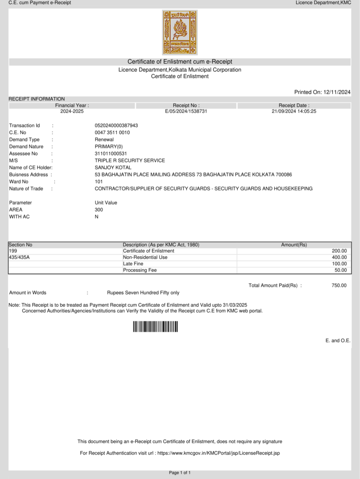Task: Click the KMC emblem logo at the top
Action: (x=180, y=32)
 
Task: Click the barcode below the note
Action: (x=155, y=327)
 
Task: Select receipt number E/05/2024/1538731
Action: (x=186, y=111)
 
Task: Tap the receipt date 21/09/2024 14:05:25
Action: (x=294, y=111)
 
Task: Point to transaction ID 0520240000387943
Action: (x=116, y=125)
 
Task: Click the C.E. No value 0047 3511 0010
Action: (x=112, y=132)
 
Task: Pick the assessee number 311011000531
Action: (x=110, y=153)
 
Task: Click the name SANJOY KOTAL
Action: (x=113, y=167)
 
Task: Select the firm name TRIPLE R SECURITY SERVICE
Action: (x=130, y=160)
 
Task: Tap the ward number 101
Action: (x=99, y=181)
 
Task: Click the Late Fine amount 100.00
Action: (x=339, y=264)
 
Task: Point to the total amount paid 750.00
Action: (x=339, y=285)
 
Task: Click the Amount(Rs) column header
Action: (x=294, y=245)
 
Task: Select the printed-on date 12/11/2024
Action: (x=337, y=92)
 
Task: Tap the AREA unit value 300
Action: (x=99, y=210)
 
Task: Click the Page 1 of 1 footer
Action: (x=180, y=473)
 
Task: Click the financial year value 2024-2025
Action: (x=72, y=111)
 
